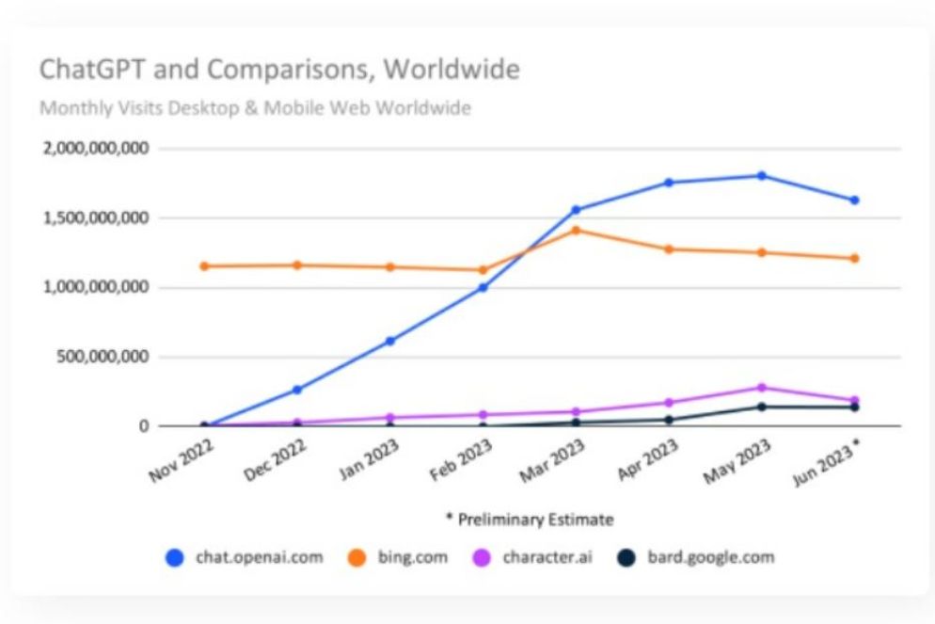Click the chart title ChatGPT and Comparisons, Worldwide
278,71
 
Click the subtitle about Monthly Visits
255,108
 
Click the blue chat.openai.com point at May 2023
761,176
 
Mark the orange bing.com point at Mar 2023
576,230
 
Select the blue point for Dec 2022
297,390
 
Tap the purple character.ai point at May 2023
761,388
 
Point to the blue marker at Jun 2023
854,200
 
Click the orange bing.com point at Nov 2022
204,266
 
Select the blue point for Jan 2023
390,341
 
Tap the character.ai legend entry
534,557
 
